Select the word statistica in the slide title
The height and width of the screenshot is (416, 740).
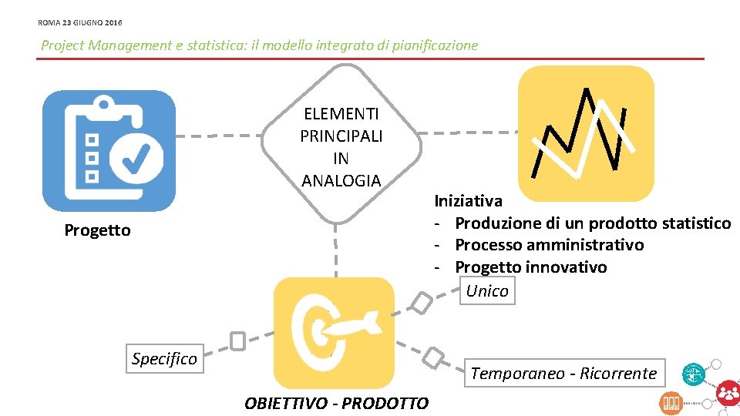220,45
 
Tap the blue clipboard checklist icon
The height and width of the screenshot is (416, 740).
109,151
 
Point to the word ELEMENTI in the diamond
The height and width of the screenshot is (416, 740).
341,114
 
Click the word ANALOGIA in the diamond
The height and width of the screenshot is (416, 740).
341,181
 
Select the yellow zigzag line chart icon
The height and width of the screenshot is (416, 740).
586,133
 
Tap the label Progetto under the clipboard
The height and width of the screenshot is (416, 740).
98,230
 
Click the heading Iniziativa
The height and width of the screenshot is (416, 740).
468,201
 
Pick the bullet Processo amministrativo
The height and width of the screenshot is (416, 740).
549,245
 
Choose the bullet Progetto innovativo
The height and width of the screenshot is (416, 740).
530,267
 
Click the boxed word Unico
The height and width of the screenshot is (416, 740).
487,290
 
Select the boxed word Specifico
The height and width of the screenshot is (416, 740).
164,358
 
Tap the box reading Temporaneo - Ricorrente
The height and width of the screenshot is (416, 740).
563,374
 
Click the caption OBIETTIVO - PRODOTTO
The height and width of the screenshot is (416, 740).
336,403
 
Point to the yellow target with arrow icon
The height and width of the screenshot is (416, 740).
335,332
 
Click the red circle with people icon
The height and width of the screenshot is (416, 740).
727,393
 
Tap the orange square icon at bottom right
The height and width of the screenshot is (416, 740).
671,402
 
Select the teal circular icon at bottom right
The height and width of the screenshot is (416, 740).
694,374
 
